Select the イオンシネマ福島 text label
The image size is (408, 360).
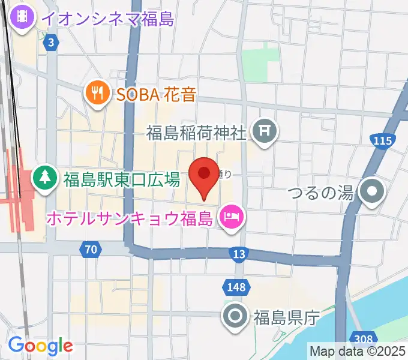(x=108, y=19)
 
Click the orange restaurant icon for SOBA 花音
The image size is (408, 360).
(x=96, y=92)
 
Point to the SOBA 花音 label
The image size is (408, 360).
(x=152, y=93)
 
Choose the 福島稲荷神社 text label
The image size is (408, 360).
(x=197, y=131)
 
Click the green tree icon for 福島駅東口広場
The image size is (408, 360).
(x=43, y=178)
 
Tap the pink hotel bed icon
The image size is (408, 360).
(x=231, y=215)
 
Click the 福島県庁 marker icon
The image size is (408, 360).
(x=234, y=314)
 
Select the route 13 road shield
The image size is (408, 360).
(x=239, y=255)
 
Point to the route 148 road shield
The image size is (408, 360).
(x=236, y=288)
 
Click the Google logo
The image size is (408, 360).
(x=40, y=346)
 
